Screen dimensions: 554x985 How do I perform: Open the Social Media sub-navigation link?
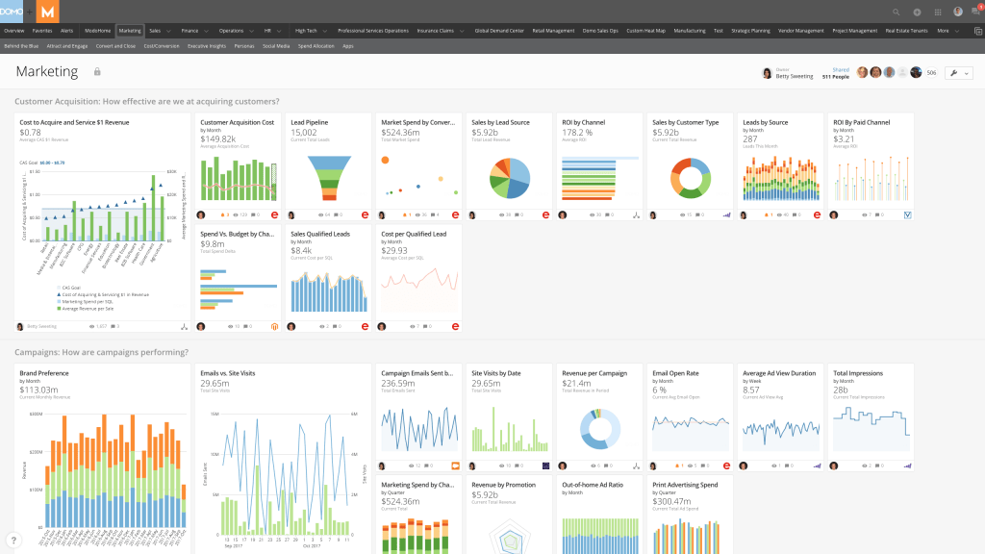click(275, 45)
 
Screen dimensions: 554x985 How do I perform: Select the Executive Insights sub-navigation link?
click(206, 45)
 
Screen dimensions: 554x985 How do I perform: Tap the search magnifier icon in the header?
click(897, 12)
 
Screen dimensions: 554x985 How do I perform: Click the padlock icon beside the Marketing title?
click(96, 72)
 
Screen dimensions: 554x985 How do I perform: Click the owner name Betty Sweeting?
click(796, 75)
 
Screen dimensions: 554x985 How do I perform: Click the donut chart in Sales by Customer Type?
click(691, 179)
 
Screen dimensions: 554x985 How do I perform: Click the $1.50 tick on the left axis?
click(35, 194)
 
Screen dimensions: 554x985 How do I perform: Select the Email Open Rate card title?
click(677, 372)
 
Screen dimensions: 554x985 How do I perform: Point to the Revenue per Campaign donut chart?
click(600, 429)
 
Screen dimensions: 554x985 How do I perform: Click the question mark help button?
click(13, 541)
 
